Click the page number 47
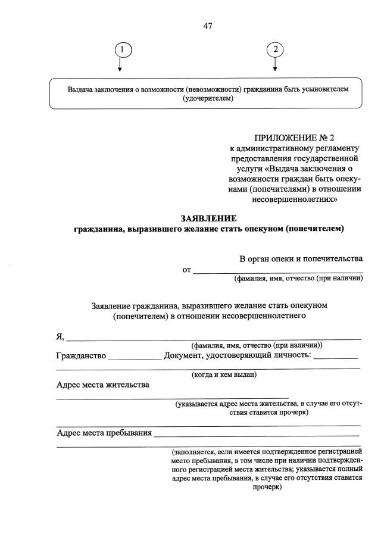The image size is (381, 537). click(208, 26)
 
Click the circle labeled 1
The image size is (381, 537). click(121, 50)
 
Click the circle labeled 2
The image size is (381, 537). click(275, 50)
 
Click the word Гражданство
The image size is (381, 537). click(81, 356)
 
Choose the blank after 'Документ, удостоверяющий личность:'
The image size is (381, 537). click(336, 357)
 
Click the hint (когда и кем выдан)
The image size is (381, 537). click(224, 375)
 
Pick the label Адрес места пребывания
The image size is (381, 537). click(104, 432)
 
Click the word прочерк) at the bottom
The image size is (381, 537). click(266, 486)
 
